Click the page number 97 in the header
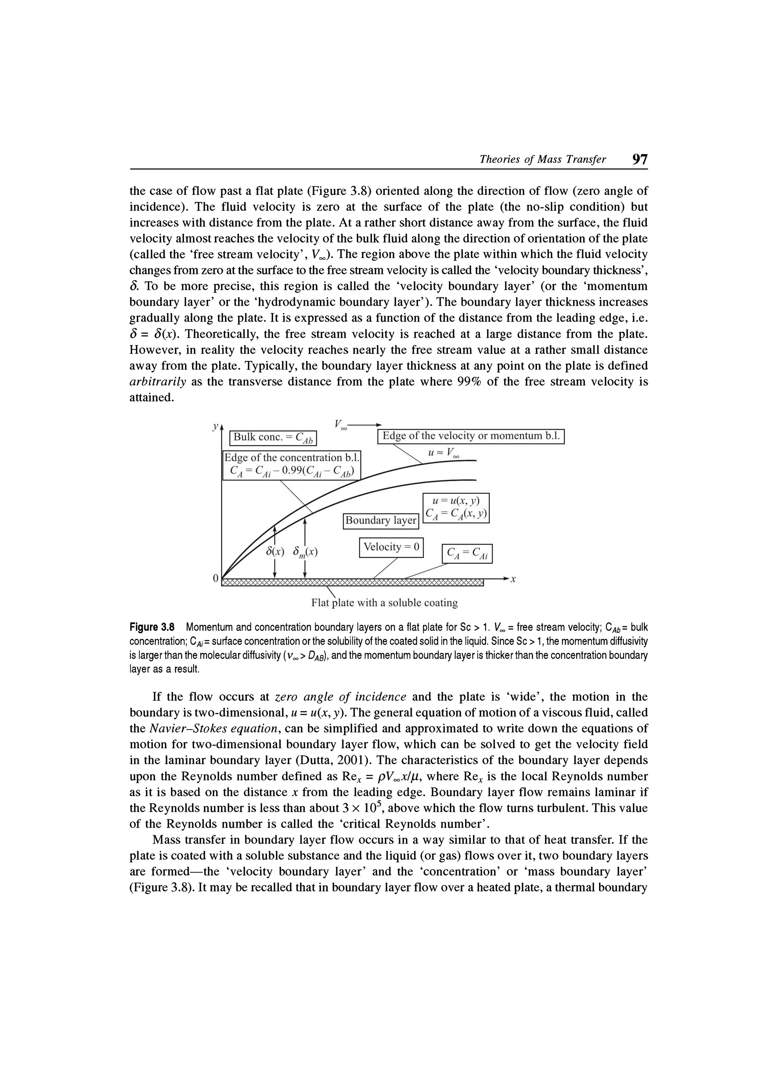640,160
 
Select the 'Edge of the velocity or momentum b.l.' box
471,436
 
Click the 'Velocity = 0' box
391,547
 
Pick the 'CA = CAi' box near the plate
466,553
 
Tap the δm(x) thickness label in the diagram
305,551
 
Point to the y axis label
215,426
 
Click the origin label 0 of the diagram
216,578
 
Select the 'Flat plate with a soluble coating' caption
384,603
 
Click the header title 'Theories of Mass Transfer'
542,160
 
